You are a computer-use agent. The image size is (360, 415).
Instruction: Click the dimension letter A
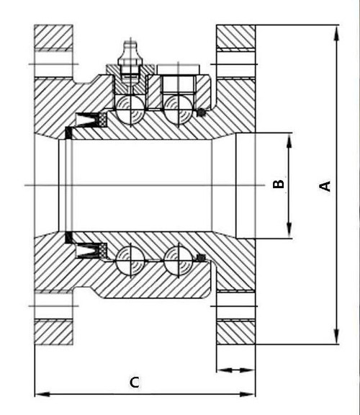pos(325,186)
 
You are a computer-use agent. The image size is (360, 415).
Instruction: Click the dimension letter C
pos(135,383)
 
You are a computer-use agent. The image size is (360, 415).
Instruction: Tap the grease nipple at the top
pos(130,61)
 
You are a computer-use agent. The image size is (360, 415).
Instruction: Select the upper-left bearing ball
pos(130,110)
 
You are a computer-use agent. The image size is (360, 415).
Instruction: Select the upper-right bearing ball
pos(178,110)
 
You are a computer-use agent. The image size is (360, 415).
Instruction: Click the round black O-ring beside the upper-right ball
pos(201,112)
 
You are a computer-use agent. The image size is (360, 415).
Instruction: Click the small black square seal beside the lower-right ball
pos(202,258)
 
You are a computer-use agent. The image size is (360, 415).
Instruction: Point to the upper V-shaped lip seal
pos(86,120)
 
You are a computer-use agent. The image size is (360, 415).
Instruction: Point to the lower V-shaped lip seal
pos(86,250)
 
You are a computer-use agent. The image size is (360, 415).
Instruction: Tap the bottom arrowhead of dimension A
pos(336,336)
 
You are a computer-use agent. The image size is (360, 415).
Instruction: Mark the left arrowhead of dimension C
pos(42,394)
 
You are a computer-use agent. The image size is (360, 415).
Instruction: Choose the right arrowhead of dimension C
pos(248,394)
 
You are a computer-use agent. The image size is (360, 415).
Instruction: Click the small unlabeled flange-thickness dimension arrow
pos(235,370)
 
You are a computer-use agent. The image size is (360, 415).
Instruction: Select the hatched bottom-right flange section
pos(236,332)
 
